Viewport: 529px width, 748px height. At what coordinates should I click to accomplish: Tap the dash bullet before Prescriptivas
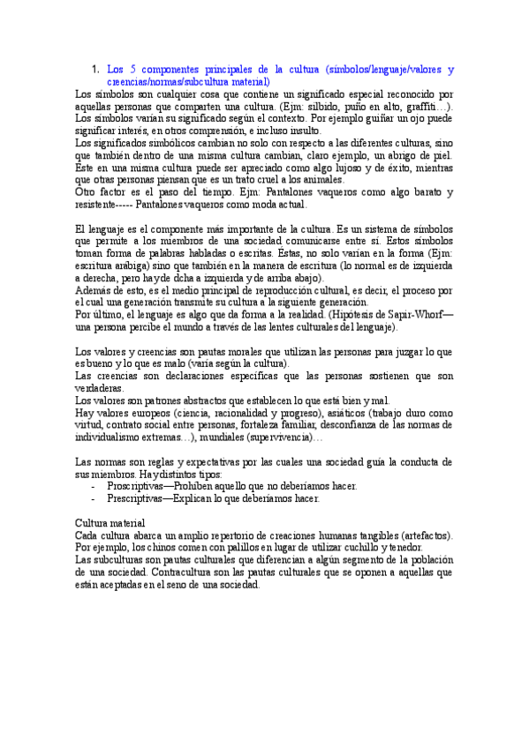(94, 498)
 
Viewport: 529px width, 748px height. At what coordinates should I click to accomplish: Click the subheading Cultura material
(110, 523)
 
